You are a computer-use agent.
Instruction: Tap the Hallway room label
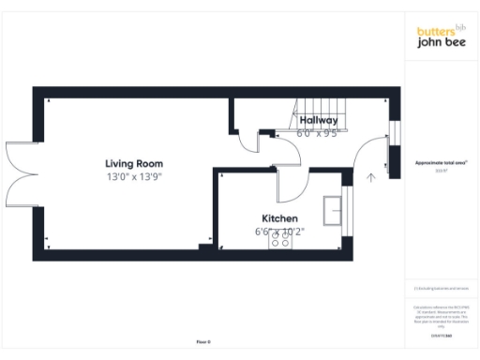(x=319, y=121)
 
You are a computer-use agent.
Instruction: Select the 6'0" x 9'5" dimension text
(x=317, y=133)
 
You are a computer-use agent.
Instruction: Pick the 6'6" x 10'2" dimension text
(x=279, y=231)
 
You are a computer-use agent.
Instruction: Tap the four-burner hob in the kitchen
(x=280, y=242)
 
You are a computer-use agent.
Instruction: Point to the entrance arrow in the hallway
(x=371, y=175)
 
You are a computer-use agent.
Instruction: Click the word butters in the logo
(x=434, y=31)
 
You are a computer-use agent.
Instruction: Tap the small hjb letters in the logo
(x=459, y=25)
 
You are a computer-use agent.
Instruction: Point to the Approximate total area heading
(x=442, y=161)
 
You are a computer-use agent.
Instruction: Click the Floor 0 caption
(x=204, y=341)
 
